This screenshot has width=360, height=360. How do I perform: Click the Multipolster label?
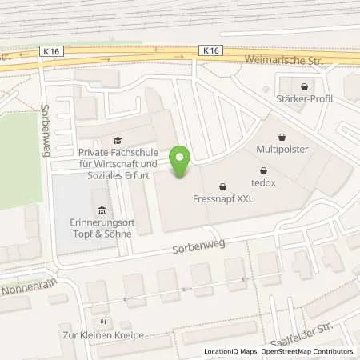(x=282, y=149)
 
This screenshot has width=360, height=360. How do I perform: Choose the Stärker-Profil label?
(x=305, y=99)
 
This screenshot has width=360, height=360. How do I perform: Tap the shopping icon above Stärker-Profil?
(x=304, y=86)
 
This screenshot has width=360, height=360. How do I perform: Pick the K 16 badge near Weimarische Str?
(x=211, y=50)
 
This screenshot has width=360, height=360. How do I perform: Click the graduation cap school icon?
(x=118, y=138)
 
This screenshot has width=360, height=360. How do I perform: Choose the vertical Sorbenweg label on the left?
(x=46, y=121)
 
